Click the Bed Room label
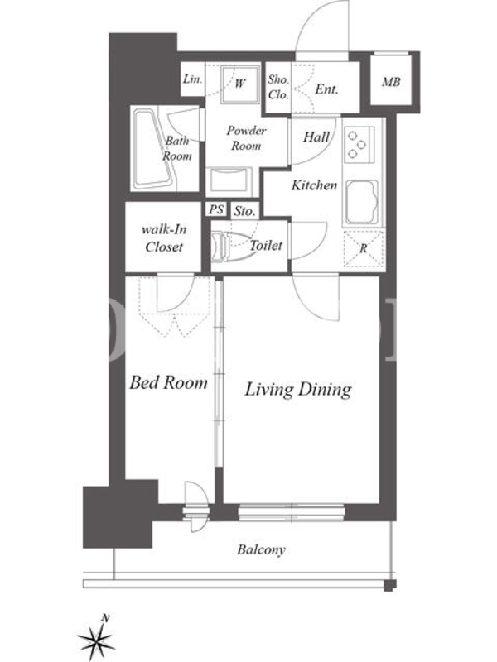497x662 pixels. (168, 382)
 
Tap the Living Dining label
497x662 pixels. (298, 389)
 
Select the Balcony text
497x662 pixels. (261, 549)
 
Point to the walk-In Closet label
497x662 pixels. (163, 238)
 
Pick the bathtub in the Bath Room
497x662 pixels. (152, 149)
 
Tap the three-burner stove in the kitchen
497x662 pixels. (359, 144)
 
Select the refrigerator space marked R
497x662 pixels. (364, 249)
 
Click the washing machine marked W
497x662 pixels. (240, 84)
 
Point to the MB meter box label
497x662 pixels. (391, 82)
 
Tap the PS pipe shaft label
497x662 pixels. (216, 209)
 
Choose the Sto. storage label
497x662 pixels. (244, 211)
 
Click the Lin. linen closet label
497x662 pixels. (192, 79)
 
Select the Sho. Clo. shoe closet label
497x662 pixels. (278, 88)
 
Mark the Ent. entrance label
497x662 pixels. (326, 89)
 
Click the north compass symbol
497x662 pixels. (97, 639)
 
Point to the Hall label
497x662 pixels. (316, 137)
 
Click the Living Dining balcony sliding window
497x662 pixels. (292, 511)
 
